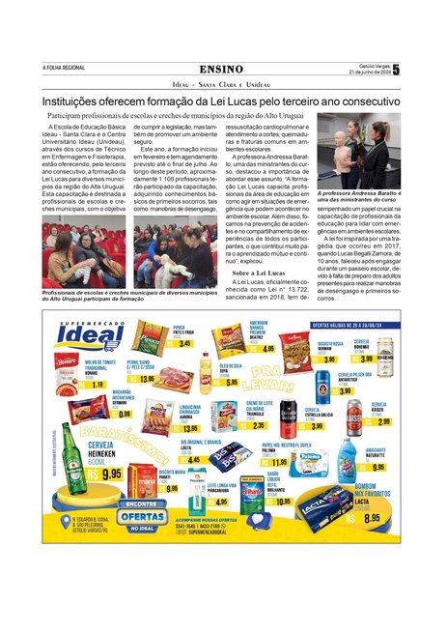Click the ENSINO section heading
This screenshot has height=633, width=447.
point(223,69)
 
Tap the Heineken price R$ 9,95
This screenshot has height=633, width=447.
point(107,475)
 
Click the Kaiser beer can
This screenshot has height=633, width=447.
point(354,415)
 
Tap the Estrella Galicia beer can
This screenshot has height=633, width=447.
point(290,417)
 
